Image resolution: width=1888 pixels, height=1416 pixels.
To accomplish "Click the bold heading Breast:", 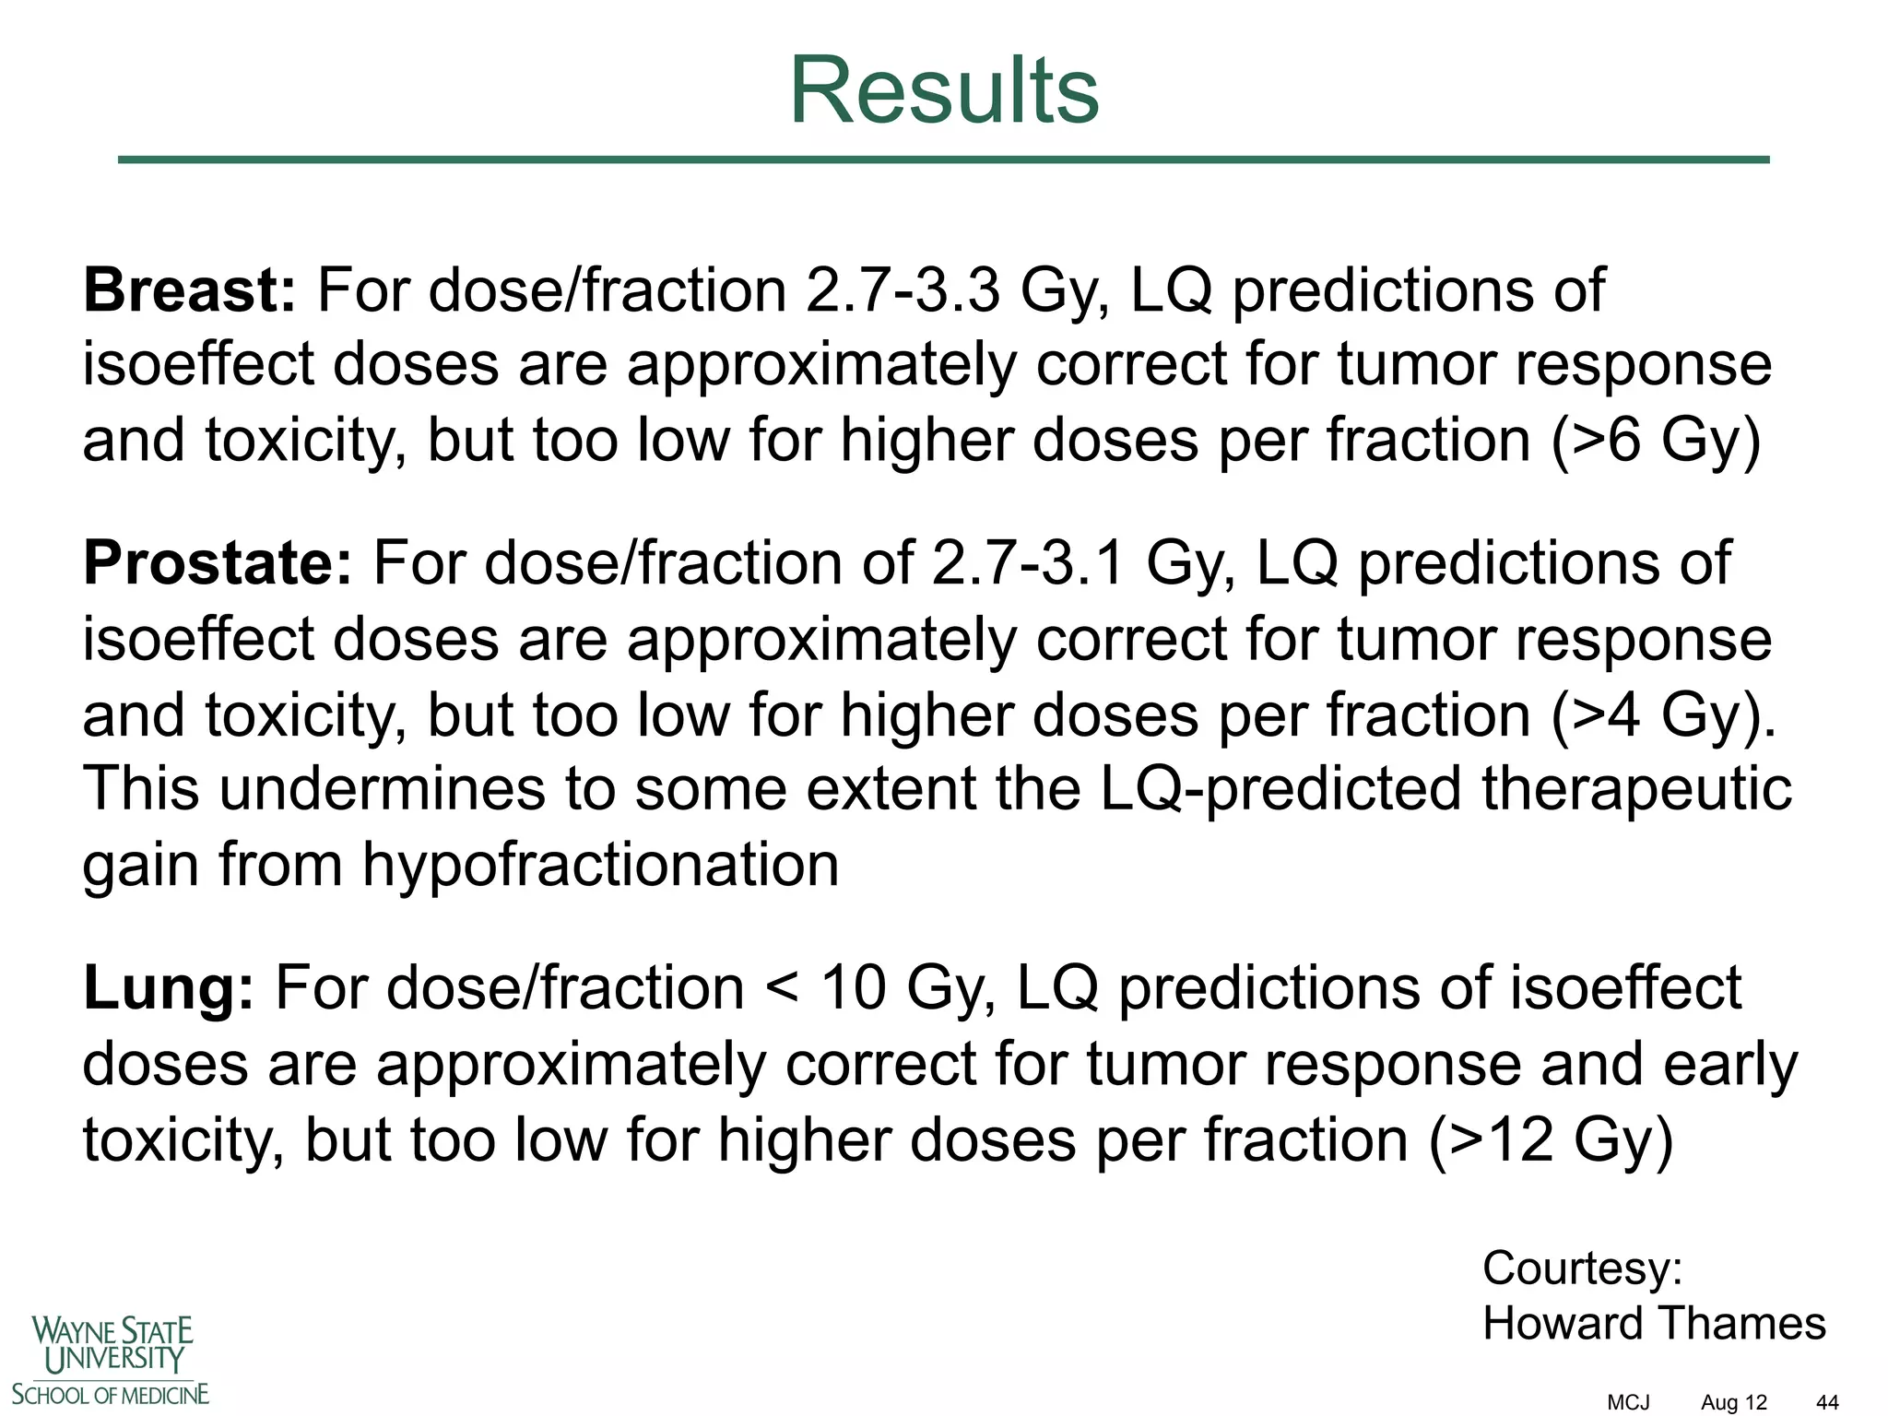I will tap(189, 289).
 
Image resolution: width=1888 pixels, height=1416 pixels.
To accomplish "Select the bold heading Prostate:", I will tap(218, 562).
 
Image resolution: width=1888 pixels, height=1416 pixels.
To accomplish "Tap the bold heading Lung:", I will tap(168, 987).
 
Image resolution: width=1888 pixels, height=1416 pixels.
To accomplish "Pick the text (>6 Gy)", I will tap(1656, 440).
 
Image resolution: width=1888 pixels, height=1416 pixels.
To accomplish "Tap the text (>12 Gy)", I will tap(1551, 1139).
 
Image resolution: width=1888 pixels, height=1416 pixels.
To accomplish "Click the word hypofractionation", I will tap(600, 865).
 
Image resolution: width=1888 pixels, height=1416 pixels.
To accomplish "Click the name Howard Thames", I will tap(1654, 1323).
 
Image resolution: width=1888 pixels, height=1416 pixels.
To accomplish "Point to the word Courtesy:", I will tap(1582, 1268).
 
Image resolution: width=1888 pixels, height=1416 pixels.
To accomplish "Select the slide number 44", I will tap(1827, 1402).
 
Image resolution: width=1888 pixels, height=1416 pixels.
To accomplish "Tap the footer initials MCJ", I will tap(1628, 1402).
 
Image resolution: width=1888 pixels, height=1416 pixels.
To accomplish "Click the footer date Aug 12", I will tap(1734, 1402).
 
